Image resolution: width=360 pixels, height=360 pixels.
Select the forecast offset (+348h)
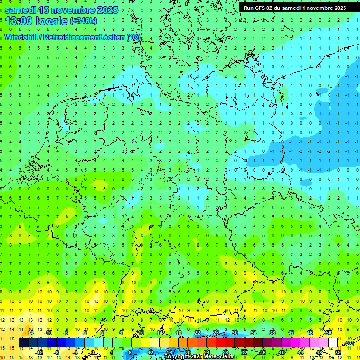click(83, 21)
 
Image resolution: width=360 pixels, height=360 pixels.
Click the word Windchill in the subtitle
click(22, 37)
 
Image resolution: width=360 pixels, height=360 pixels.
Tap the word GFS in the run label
click(262, 8)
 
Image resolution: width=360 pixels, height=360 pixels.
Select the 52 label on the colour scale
click(338, 352)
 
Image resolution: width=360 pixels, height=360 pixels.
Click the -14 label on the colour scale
click(30, 333)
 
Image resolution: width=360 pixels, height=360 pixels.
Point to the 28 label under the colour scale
click(225, 352)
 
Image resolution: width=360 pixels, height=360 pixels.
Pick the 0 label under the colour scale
click(92, 352)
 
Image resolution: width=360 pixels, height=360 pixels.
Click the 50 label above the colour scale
click(329, 333)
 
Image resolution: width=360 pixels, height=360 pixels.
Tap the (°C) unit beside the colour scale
click(348, 344)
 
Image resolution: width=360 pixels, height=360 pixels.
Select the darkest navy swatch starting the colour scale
click(23, 343)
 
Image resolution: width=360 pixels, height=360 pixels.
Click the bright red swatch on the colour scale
click(220, 343)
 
